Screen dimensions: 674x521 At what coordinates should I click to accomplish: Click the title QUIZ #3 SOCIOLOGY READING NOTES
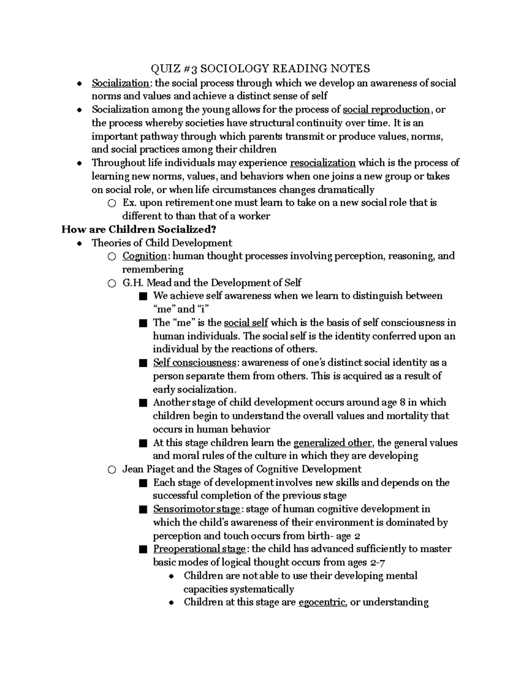tap(260, 69)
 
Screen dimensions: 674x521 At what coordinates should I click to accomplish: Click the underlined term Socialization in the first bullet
tap(120, 83)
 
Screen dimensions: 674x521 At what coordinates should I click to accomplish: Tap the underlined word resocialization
tap(323, 163)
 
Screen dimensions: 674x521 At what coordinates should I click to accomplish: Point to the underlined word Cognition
tap(145, 256)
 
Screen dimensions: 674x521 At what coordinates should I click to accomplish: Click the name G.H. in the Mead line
tap(132, 283)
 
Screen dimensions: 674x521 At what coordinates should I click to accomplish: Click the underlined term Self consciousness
tap(195, 363)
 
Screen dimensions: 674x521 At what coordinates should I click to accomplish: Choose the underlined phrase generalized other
tap(333, 443)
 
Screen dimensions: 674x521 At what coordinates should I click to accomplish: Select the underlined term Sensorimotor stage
tap(197, 510)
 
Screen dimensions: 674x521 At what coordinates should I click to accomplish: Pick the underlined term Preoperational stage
tap(199, 549)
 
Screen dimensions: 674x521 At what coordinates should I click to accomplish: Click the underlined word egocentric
tap(322, 602)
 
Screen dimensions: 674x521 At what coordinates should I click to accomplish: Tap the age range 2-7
tap(377, 563)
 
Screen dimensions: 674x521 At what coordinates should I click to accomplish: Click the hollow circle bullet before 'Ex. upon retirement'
tap(112, 203)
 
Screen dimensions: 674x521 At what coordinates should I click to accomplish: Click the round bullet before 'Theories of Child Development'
tap(79, 243)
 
